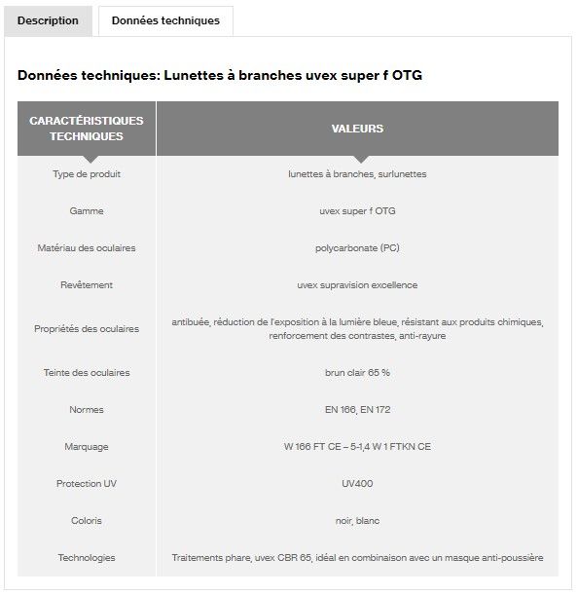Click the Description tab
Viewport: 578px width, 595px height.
(x=48, y=20)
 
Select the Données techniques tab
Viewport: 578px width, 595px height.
(x=165, y=20)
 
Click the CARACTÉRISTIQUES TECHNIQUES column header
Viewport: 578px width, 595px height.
(x=87, y=129)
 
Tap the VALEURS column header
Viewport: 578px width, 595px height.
(x=357, y=129)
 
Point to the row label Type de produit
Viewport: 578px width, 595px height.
(x=87, y=174)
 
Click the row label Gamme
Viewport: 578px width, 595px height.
(x=87, y=211)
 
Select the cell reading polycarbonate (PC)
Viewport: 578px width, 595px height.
(x=357, y=248)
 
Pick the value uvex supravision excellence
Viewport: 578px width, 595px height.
(x=357, y=285)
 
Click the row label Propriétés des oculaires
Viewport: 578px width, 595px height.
(x=87, y=329)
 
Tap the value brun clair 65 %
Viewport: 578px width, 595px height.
(x=357, y=373)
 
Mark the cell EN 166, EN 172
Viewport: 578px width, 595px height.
(x=357, y=410)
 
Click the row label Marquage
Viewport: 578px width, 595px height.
(x=87, y=447)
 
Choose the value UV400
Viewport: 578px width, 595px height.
(x=357, y=484)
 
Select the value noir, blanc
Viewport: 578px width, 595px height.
(x=357, y=521)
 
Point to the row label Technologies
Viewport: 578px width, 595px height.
(x=87, y=558)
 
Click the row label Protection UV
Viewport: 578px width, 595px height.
(x=87, y=484)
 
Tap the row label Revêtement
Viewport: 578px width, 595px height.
(x=87, y=285)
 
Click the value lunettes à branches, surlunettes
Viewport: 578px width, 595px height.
(x=357, y=174)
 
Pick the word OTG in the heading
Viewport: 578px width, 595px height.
(x=407, y=75)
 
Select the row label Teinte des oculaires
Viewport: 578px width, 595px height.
(x=87, y=373)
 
